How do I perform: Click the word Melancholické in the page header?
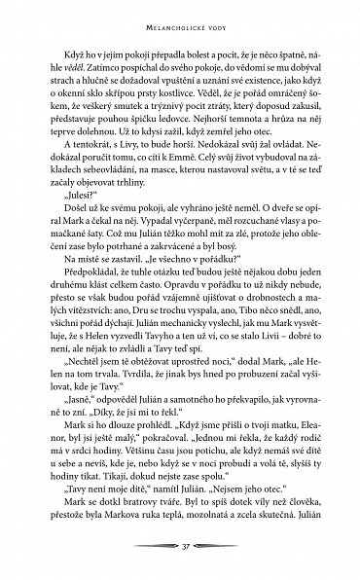point(162,17)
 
